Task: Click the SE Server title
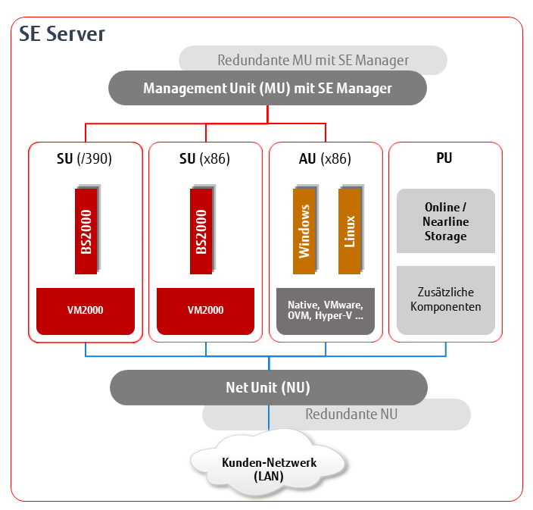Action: (x=62, y=33)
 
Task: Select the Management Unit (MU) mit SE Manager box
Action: (x=267, y=88)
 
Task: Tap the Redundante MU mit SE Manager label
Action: (x=313, y=60)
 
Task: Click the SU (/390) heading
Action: (x=84, y=159)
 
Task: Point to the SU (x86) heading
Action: (x=204, y=159)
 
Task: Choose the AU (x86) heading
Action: (x=325, y=159)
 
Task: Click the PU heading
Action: (x=444, y=158)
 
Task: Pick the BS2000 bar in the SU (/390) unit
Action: (x=86, y=231)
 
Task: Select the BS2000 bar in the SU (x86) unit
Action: (x=201, y=231)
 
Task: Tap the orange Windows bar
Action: (x=304, y=231)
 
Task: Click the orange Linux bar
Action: (x=350, y=231)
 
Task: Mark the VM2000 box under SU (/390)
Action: (x=86, y=311)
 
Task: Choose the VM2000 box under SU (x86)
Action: (x=205, y=311)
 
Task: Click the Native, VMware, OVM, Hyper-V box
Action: (x=326, y=311)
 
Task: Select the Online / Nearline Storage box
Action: (x=446, y=221)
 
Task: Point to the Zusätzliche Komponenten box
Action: (x=446, y=300)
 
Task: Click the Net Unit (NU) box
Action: (x=269, y=387)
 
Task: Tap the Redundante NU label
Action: (x=351, y=414)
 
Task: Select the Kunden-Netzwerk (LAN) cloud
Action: (x=269, y=464)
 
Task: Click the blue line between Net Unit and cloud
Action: (x=269, y=418)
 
